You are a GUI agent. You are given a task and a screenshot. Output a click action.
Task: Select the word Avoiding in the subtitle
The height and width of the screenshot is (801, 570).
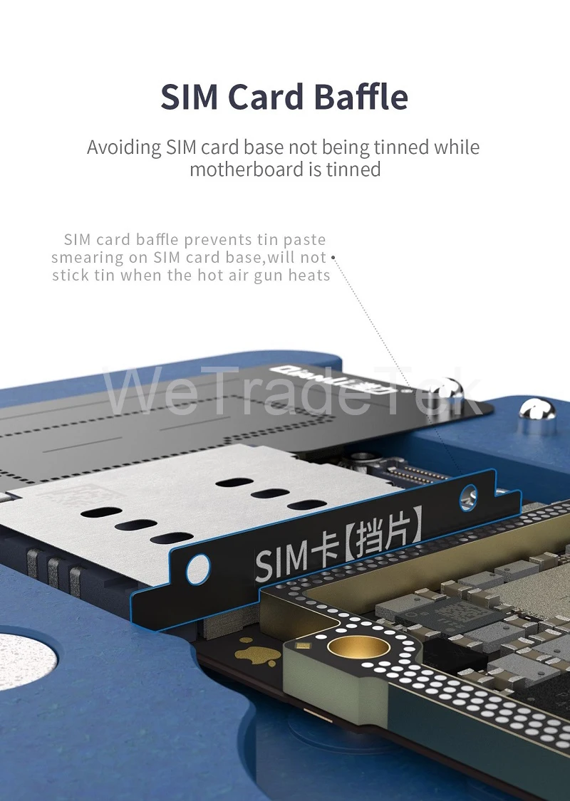(124, 148)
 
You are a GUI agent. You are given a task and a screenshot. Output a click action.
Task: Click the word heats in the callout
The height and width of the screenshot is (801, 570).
(309, 276)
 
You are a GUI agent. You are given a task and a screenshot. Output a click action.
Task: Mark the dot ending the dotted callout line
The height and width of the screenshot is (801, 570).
(333, 257)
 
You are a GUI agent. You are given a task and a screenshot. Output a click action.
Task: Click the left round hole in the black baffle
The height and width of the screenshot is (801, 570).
(198, 568)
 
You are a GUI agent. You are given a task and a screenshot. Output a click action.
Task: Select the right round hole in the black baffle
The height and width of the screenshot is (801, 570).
(469, 496)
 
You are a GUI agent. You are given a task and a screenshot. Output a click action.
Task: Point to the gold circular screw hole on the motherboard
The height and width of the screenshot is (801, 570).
(356, 647)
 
